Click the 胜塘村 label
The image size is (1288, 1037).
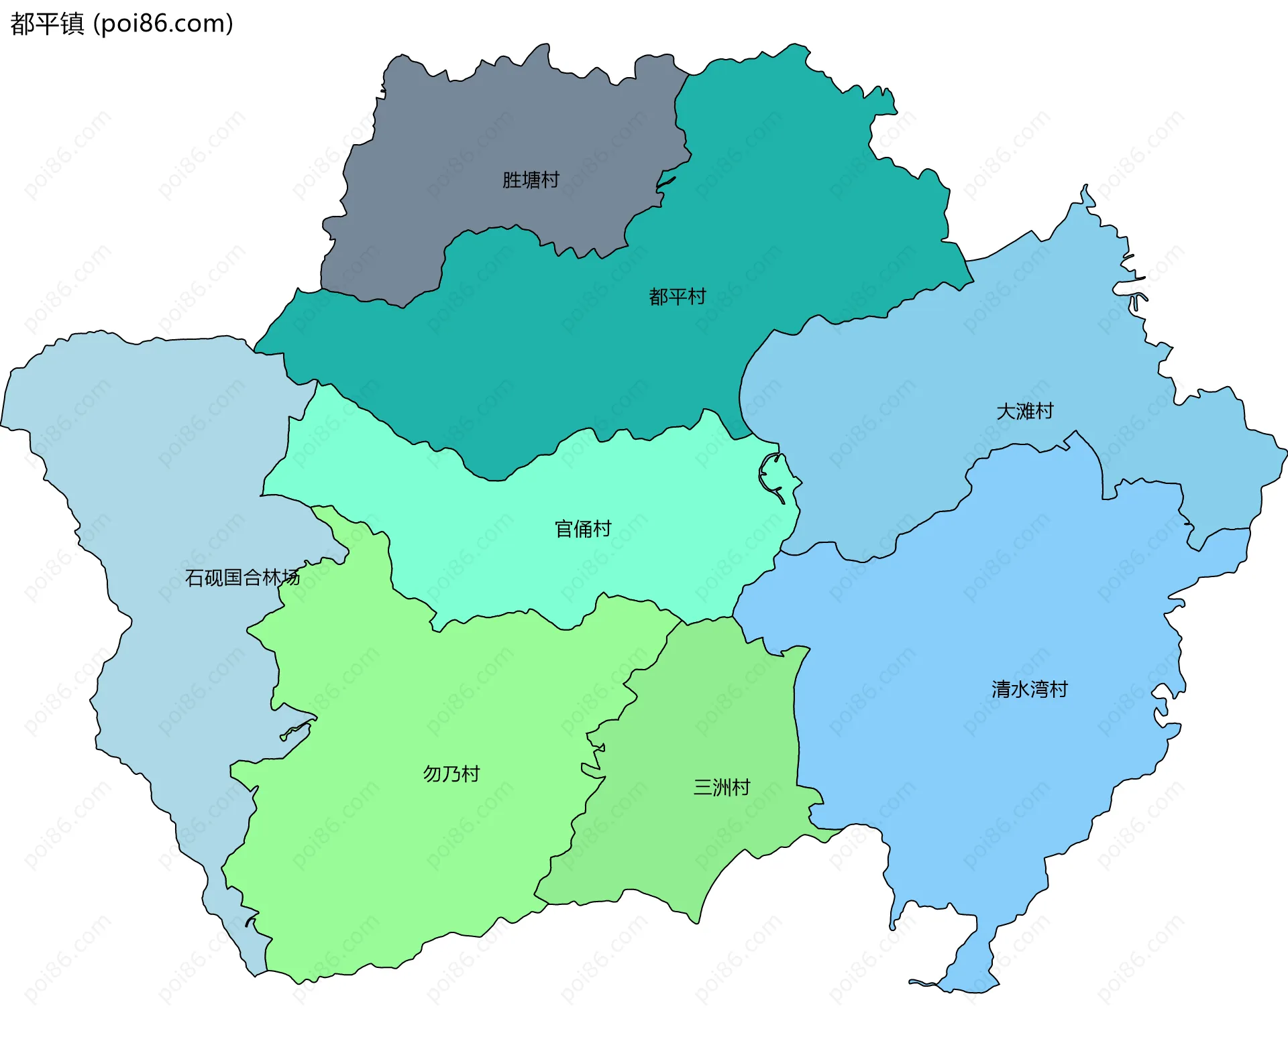coord(531,180)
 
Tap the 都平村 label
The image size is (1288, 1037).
coord(678,296)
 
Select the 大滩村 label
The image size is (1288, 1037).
coord(1025,411)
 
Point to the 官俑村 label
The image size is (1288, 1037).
coord(583,529)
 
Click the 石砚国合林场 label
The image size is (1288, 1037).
coord(242,577)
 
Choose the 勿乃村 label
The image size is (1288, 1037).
coord(451,774)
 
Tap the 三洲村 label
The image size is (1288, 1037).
coord(722,787)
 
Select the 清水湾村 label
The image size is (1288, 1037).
coord(1029,689)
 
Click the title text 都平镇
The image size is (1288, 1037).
coord(47,23)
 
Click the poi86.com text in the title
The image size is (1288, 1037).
coord(163,23)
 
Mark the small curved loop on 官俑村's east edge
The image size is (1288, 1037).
coord(771,473)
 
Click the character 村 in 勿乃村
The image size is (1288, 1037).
coord(471,774)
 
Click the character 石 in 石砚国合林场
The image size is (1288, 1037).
coord(194,577)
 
